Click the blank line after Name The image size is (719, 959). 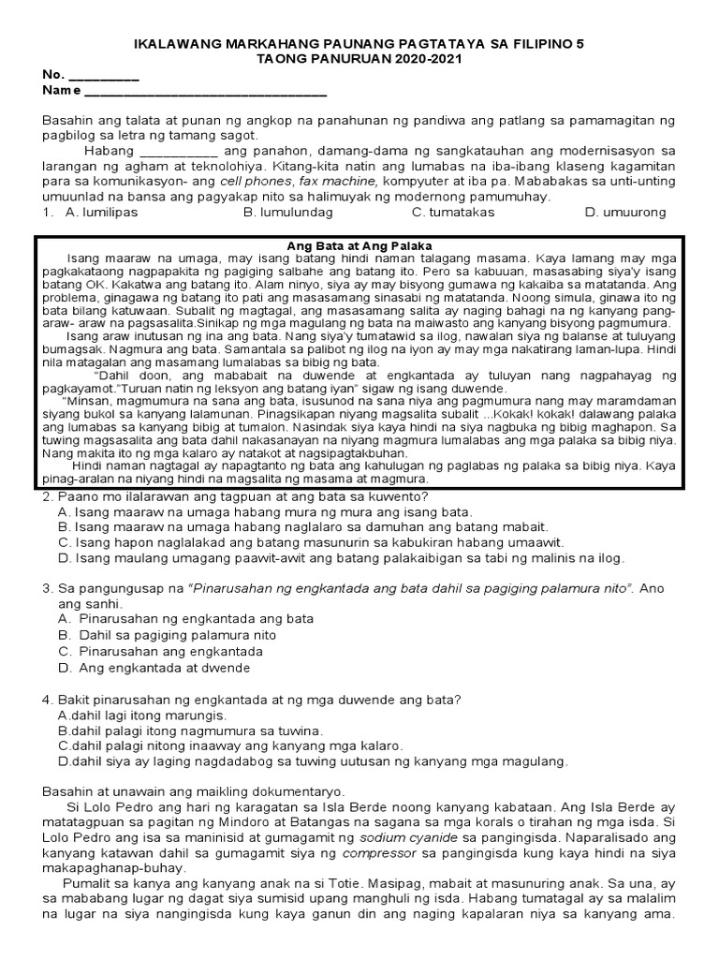[x=206, y=93]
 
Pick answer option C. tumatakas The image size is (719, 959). [x=448, y=213]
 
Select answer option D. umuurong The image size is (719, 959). [x=625, y=213]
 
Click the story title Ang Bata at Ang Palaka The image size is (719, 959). [x=359, y=245]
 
